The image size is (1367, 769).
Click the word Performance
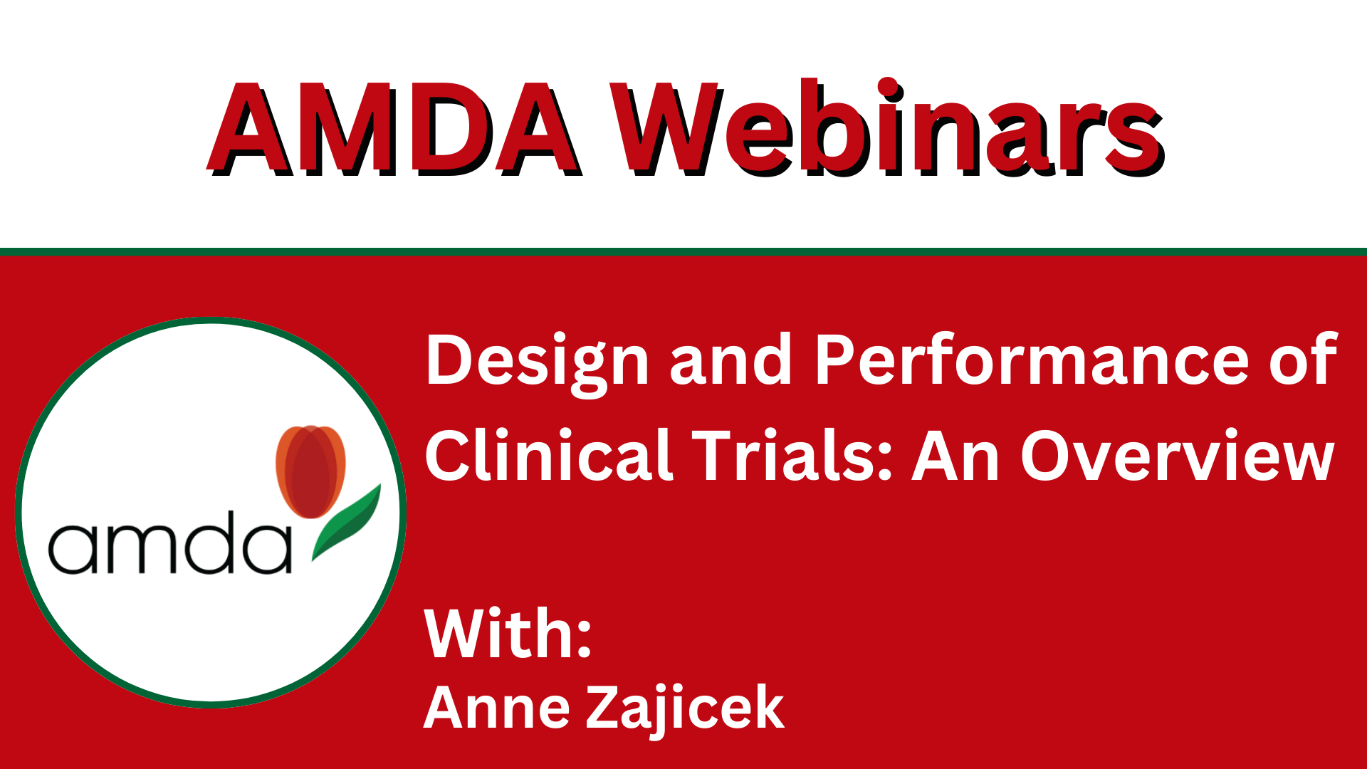click(1032, 360)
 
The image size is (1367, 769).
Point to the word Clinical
click(549, 456)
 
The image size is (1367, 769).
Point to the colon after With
click(584, 637)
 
